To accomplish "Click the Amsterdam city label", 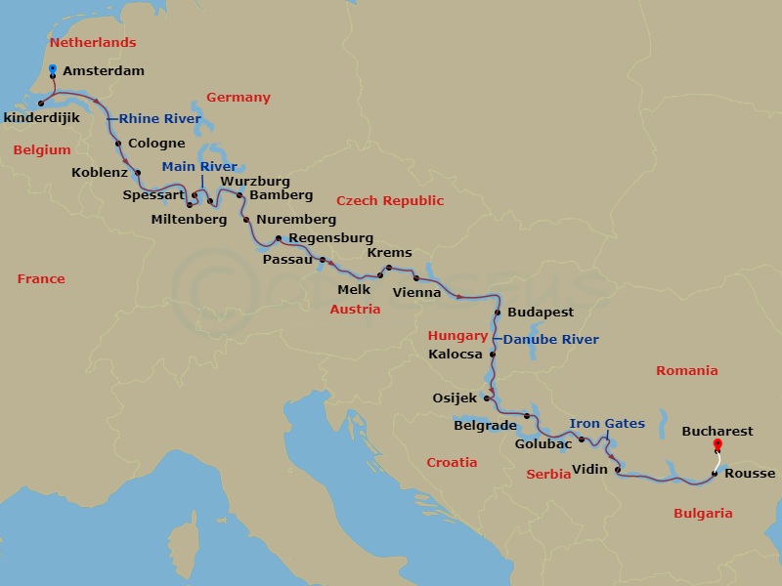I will [103, 71].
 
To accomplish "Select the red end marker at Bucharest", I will [717, 446].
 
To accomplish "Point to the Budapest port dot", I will [499, 313].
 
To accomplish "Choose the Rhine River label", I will [160, 119].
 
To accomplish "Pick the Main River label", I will [199, 167].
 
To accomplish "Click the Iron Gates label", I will [607, 424].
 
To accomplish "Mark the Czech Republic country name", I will [390, 200].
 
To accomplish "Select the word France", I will [41, 279].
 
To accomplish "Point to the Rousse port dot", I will [715, 474].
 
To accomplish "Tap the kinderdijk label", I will [42, 118].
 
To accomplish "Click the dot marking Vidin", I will [618, 470].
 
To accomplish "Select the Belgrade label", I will [485, 425].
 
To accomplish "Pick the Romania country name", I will [686, 370].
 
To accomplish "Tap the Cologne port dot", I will [118, 144].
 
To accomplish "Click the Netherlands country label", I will [93, 43].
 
